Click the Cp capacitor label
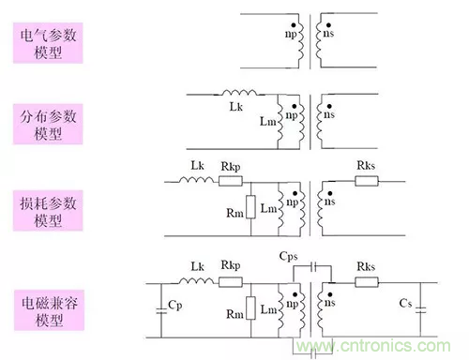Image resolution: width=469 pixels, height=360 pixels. (x=174, y=306)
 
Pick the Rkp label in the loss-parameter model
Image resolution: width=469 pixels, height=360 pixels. (x=230, y=167)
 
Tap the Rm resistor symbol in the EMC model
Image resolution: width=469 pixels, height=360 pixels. (x=251, y=306)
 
